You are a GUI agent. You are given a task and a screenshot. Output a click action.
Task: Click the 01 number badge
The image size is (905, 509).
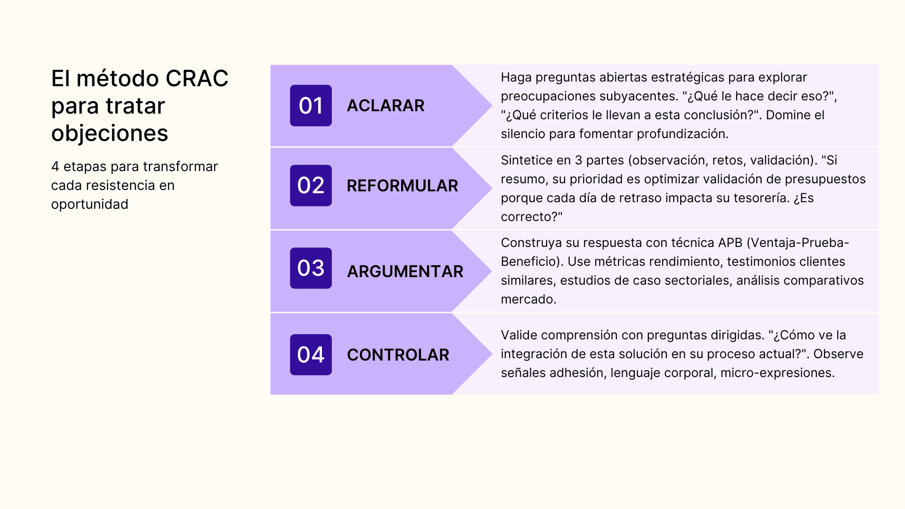click(x=311, y=106)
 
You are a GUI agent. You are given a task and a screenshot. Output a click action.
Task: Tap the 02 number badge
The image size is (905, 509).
click(x=311, y=186)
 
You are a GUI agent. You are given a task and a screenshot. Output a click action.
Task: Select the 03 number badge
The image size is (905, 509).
click(x=311, y=268)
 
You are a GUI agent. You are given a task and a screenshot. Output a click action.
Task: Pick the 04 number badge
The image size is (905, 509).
click(x=311, y=355)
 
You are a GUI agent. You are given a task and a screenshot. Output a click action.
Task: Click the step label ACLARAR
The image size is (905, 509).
click(x=386, y=106)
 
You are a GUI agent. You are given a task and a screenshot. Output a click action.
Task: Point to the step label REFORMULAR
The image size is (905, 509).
click(x=402, y=186)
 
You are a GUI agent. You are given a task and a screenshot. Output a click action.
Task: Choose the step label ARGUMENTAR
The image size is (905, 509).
click(x=405, y=271)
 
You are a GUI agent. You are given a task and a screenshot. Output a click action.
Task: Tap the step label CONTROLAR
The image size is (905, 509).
click(x=398, y=355)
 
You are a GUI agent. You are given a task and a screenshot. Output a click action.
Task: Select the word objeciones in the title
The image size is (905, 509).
click(x=109, y=133)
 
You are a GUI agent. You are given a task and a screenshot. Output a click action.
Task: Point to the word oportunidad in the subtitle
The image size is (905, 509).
click(x=90, y=205)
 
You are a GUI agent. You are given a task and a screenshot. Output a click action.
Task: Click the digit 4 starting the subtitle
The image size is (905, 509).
click(x=55, y=167)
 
